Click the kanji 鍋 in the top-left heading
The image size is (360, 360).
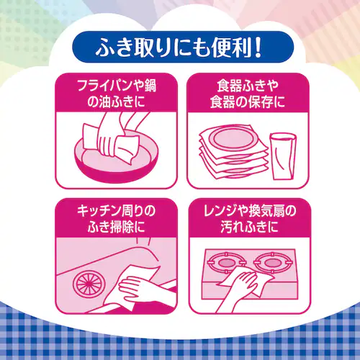point(150,86)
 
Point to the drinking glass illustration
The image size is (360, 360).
point(283,156)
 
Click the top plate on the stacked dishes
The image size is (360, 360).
point(233,139)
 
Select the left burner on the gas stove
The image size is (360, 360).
point(226,263)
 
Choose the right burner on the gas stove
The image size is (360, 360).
point(271,262)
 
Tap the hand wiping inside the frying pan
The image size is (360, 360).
point(111,135)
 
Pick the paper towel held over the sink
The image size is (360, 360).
point(132,287)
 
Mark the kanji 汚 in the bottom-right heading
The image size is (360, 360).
point(227,227)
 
